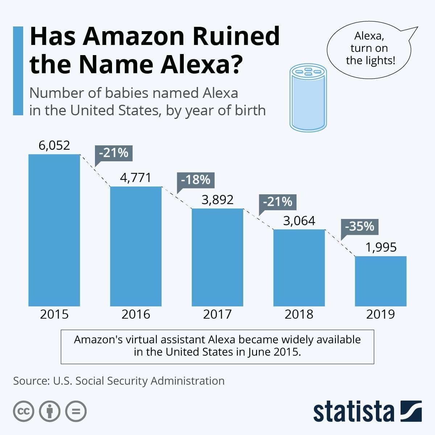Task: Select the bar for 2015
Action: (54, 230)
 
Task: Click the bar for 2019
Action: (381, 281)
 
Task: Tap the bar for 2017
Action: (217, 257)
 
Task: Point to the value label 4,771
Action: (135, 178)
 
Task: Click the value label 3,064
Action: (299, 221)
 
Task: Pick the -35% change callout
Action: (360, 227)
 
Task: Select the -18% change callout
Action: (196, 180)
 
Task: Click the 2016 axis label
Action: (136, 314)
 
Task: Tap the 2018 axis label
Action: (299, 314)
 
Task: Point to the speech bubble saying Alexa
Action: (369, 49)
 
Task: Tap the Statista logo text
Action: (353, 412)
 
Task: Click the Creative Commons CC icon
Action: (24, 411)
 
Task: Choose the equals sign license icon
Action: (76, 411)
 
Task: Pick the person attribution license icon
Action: (50, 411)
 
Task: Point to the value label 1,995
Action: (381, 248)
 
